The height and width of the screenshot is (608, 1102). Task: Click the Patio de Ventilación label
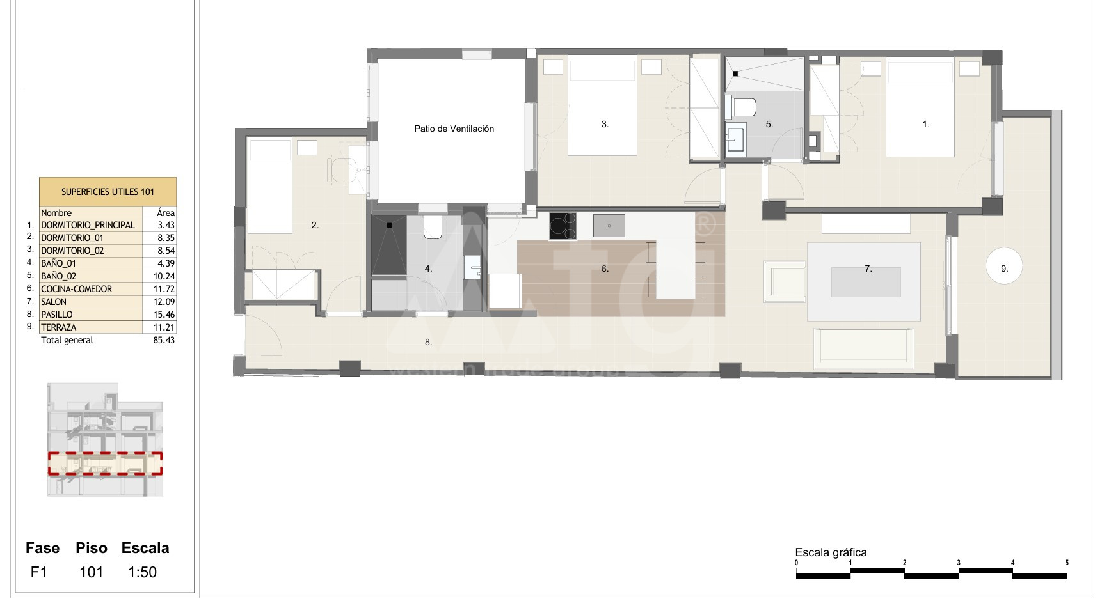click(454, 129)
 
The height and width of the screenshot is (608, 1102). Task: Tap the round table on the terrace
click(1004, 267)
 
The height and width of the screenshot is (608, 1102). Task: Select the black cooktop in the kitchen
click(563, 226)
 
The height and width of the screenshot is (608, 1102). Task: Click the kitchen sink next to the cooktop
click(609, 226)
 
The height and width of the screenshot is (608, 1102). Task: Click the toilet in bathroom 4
click(433, 227)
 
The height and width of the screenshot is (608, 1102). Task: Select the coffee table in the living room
click(866, 282)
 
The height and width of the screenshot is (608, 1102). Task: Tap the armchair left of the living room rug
click(785, 281)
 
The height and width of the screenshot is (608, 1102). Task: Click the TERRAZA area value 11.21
click(164, 327)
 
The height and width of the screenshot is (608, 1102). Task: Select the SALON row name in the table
click(54, 302)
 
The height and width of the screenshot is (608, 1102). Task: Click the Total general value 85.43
click(164, 340)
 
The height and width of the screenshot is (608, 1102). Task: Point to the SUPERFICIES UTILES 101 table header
click(108, 192)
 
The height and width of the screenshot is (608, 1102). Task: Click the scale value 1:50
click(142, 572)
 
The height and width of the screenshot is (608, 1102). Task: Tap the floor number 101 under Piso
click(91, 572)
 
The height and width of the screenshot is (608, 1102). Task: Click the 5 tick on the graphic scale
click(1067, 563)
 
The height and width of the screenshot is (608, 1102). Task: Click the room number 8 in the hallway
click(428, 343)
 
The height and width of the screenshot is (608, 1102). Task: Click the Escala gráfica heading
click(831, 552)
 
